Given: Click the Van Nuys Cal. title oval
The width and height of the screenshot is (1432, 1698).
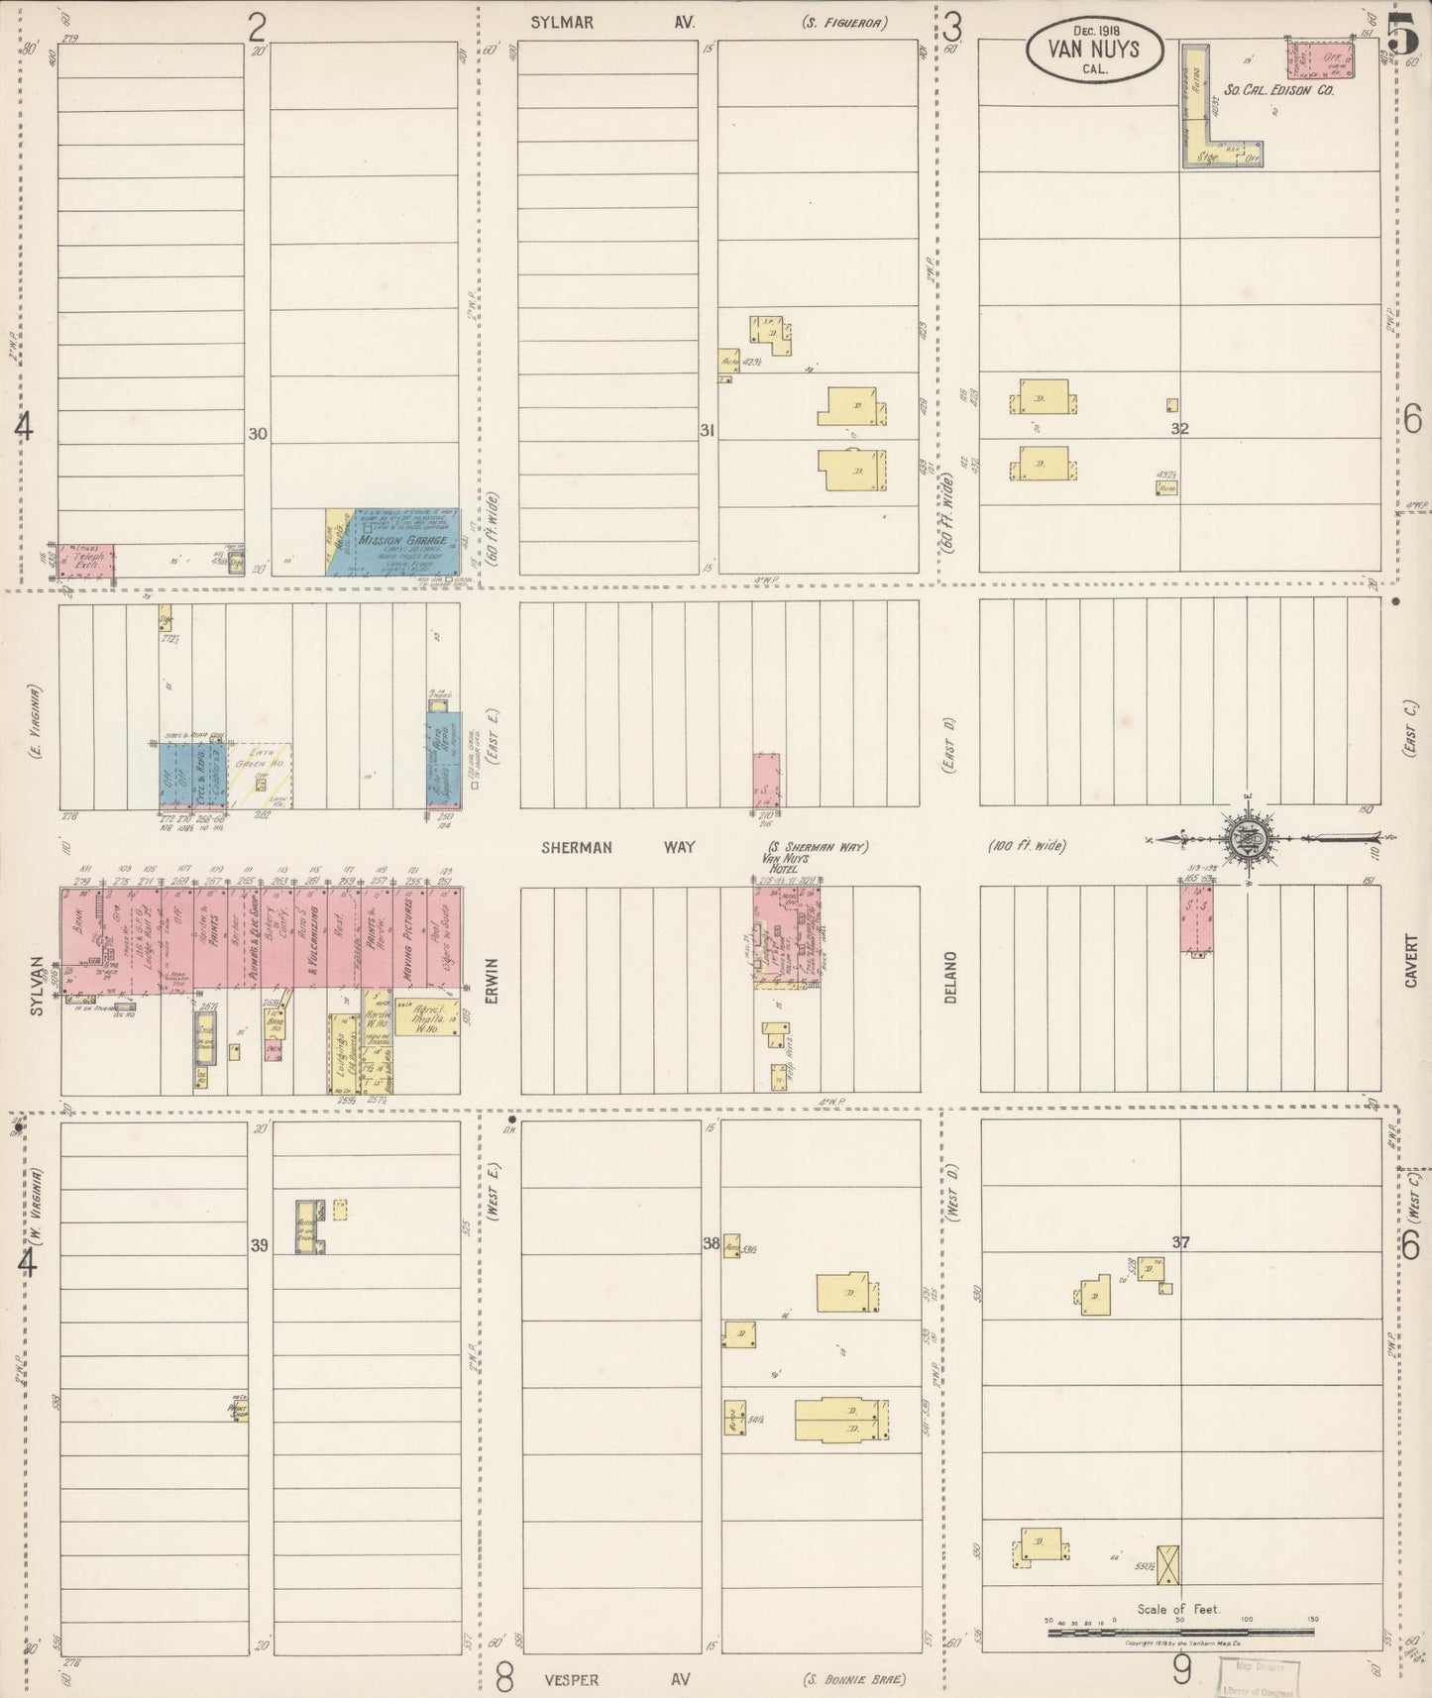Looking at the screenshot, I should [x=1094, y=48].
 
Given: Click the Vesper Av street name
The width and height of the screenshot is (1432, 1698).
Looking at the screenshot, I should [x=616, y=1678].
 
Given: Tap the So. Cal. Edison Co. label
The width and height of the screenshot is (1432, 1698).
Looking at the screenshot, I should [x=1278, y=89].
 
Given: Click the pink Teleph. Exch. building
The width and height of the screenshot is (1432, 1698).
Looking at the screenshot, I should [x=86, y=561].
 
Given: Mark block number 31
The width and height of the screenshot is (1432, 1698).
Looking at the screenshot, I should [x=707, y=430].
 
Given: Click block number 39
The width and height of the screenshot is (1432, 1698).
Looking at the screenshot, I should [x=259, y=1245].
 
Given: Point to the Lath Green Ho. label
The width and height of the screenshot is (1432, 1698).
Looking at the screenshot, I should [x=260, y=766].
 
